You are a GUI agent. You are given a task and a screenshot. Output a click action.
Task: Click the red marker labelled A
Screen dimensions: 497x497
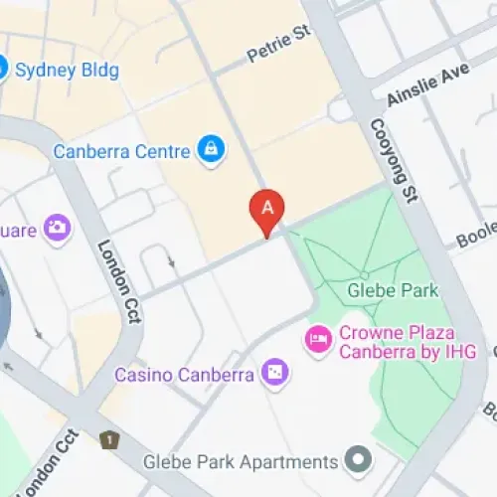coord(266,209)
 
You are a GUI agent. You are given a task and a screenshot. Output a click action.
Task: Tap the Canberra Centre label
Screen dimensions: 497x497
coord(121,152)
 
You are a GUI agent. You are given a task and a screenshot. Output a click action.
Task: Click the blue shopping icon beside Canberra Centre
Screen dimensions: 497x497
coord(211,150)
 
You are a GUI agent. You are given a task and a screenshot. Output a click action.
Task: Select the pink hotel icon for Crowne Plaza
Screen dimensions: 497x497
coord(318,339)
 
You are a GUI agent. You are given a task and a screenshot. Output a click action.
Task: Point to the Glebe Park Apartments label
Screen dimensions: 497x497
coord(240,462)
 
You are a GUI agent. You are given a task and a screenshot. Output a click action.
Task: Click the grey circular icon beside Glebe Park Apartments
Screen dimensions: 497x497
coord(358,460)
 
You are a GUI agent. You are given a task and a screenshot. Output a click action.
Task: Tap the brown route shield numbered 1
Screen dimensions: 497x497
coord(108,438)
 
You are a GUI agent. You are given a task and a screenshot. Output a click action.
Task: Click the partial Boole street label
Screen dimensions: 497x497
coord(475,234)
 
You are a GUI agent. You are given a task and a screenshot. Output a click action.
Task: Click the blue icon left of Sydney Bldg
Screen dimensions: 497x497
coord(2,69)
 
